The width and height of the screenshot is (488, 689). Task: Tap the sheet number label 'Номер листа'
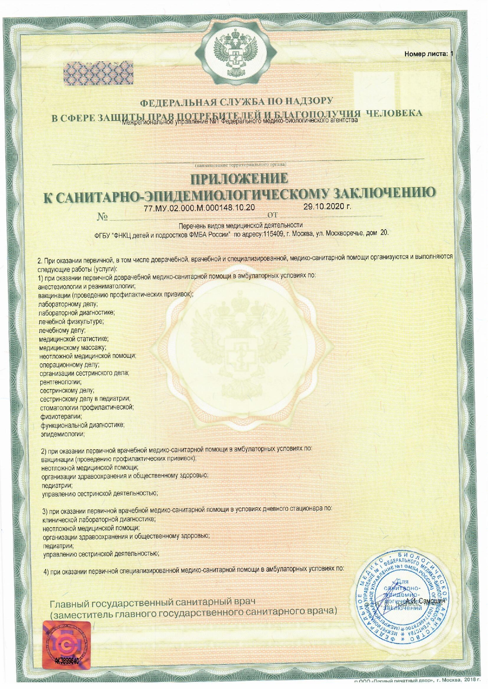pyautogui.click(x=426, y=54)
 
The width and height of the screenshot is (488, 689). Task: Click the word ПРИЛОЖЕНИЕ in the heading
pyautogui.click(x=239, y=179)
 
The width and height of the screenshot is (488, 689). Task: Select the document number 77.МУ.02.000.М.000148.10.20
pyautogui.click(x=200, y=207)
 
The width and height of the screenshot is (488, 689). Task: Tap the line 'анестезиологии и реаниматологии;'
pyautogui.click(x=87, y=286)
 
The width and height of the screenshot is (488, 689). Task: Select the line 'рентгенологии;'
pyautogui.click(x=61, y=382)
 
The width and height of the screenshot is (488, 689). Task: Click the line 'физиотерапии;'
pyautogui.click(x=61, y=417)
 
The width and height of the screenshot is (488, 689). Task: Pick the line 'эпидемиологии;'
pyautogui.click(x=63, y=434)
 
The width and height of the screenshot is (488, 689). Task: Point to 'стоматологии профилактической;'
pyautogui.click(x=87, y=408)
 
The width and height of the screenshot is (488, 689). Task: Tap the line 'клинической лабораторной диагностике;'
pyautogui.click(x=99, y=519)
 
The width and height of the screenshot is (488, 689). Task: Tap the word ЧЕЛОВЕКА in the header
pyautogui.click(x=394, y=113)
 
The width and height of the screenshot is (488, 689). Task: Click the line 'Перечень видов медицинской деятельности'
pyautogui.click(x=240, y=225)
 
